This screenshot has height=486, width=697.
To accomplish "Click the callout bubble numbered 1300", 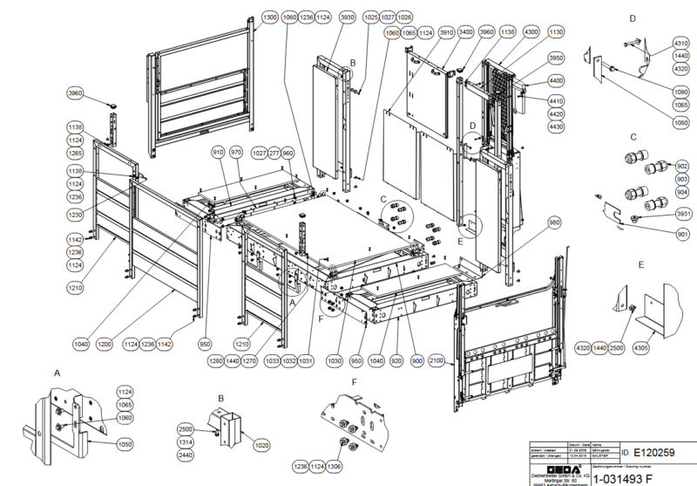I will click(x=269, y=17).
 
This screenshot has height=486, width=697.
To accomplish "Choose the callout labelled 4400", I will click(x=555, y=80).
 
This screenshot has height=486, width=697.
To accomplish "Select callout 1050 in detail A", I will click(x=125, y=444).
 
